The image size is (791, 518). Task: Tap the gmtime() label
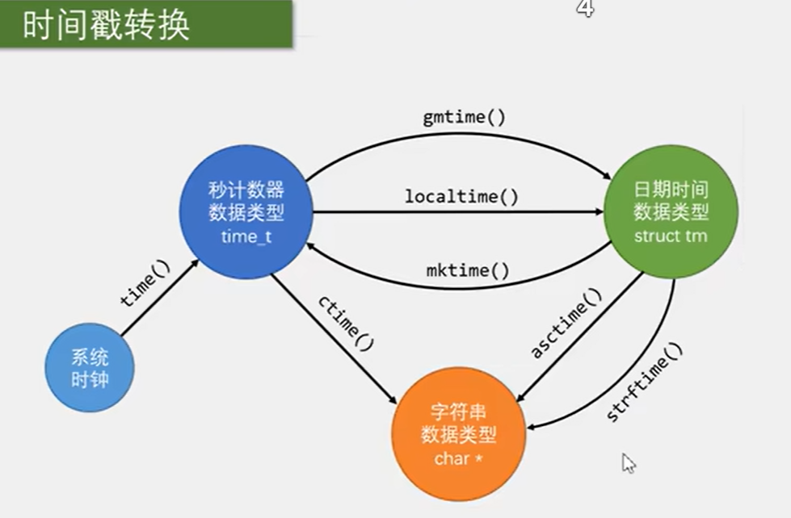click(464, 118)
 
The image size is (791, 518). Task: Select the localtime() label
click(461, 196)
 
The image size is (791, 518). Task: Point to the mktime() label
click(468, 270)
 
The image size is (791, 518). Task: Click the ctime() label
click(347, 324)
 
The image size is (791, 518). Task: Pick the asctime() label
click(566, 324)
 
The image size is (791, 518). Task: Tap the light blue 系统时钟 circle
click(89, 370)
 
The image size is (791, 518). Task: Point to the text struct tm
click(670, 236)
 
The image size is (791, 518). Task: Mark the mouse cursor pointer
click(628, 462)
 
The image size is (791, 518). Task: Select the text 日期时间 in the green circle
click(671, 190)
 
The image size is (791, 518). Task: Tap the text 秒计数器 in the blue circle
click(246, 190)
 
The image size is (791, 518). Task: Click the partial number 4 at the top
click(585, 8)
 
